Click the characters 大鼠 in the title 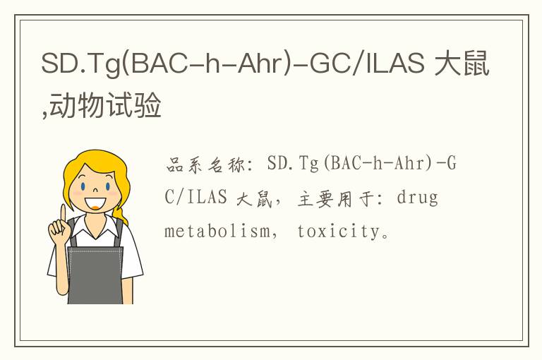coord(462,63)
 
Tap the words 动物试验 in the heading coord(105,104)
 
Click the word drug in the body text coord(418,198)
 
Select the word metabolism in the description coord(217,231)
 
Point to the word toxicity coord(339,232)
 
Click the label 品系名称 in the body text coord(205,164)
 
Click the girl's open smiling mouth coord(95,204)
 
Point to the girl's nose coord(96,190)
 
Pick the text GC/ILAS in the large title coord(367,63)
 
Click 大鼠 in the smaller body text coord(254,199)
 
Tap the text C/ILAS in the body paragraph coord(195,197)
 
